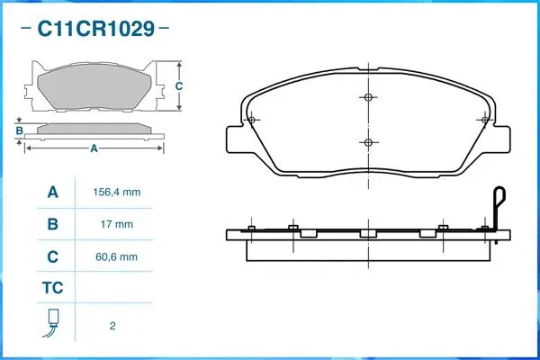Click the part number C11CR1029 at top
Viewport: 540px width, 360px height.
click(94, 29)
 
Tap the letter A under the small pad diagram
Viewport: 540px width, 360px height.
click(94, 148)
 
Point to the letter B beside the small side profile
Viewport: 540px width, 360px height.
click(19, 131)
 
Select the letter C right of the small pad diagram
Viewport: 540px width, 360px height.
click(178, 86)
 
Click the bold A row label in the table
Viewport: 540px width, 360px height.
click(52, 192)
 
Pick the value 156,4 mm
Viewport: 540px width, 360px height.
click(116, 193)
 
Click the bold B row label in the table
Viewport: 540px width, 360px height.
click(52, 224)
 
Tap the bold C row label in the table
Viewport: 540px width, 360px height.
click(52, 257)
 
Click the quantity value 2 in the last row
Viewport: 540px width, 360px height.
click(112, 326)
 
